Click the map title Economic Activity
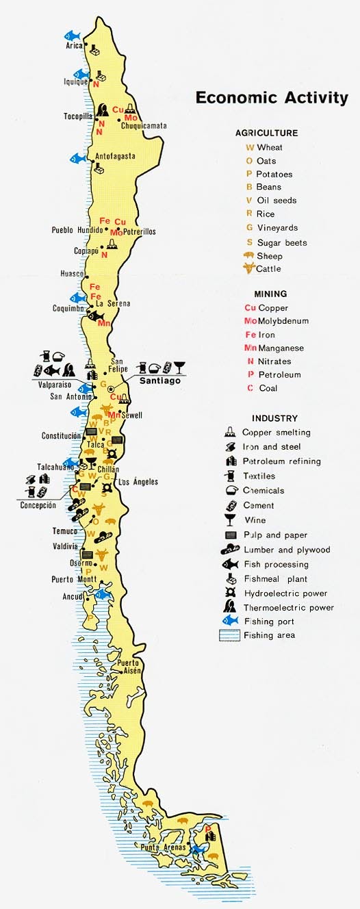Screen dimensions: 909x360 pyautogui.click(x=272, y=97)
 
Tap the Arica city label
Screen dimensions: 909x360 pyautogui.click(x=74, y=46)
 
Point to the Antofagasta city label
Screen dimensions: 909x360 pyautogui.click(x=115, y=156)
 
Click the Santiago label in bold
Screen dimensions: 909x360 pyautogui.click(x=160, y=381)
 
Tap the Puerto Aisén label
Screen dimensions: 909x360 pyautogui.click(x=129, y=667)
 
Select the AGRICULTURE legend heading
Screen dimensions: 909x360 pyautogui.click(x=266, y=133)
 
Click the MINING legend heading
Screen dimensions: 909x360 pyautogui.click(x=270, y=294)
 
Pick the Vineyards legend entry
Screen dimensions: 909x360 pyautogui.click(x=277, y=228)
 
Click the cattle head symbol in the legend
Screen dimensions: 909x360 pyautogui.click(x=248, y=269)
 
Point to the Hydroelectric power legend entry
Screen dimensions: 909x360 pyautogui.click(x=285, y=593)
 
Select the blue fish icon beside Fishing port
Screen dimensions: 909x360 pyautogui.click(x=230, y=621)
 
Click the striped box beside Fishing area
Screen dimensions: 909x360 pyautogui.click(x=230, y=635)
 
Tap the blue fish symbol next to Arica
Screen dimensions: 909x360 pyautogui.click(x=72, y=34)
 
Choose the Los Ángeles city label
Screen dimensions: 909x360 pyautogui.click(x=138, y=482)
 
